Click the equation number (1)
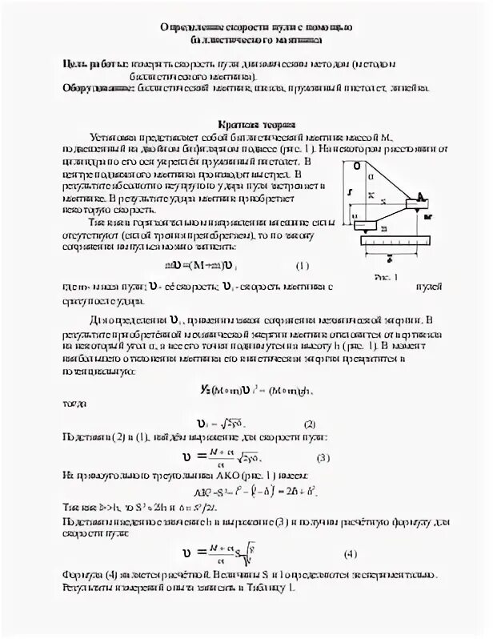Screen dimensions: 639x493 pyautogui.click(x=303, y=267)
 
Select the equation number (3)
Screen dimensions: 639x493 pyautogui.click(x=323, y=457)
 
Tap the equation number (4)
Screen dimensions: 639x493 pyautogui.click(x=350, y=553)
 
